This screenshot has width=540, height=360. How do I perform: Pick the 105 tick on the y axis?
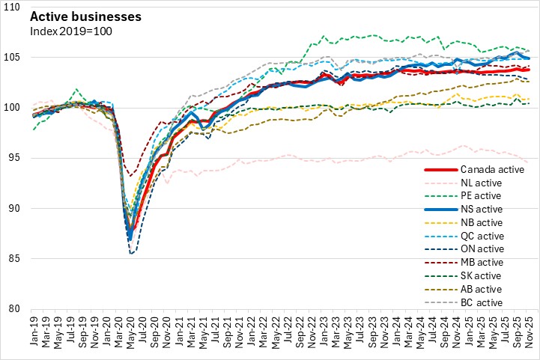point(17,57)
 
